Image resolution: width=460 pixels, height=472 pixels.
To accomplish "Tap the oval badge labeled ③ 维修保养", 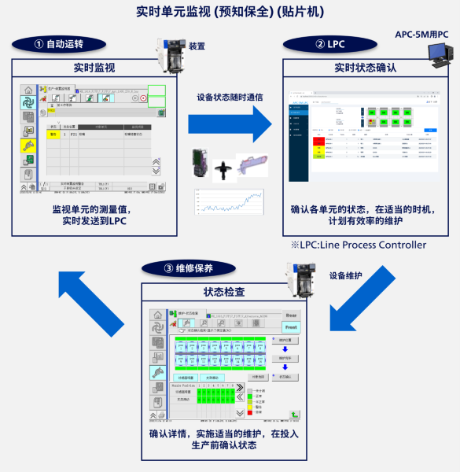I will pos(189,267).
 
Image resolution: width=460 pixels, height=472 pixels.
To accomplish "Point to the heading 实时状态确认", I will pos(365,68).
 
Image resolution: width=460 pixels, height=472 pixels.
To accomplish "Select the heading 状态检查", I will pos(223,292).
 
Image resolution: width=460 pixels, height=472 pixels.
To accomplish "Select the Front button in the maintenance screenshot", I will pos(290,326).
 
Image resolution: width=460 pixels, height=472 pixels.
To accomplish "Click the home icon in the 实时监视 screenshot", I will pos(28,90).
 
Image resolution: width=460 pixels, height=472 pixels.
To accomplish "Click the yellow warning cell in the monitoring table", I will pos(54,134).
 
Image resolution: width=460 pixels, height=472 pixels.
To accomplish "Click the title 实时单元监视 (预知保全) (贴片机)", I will pos(230,13).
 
